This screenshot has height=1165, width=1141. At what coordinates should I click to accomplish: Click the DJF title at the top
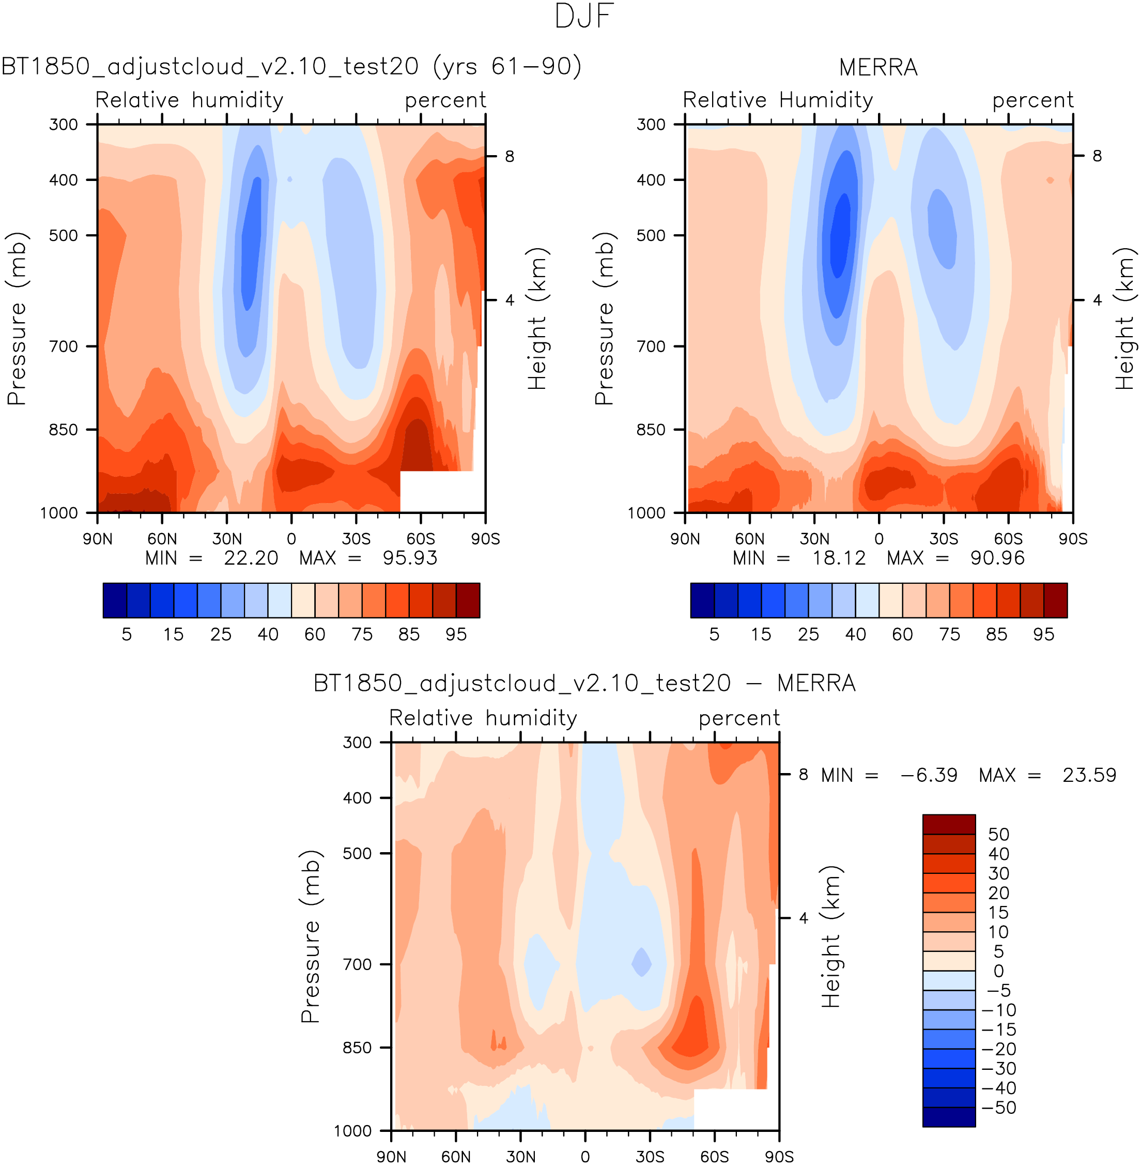click(x=584, y=17)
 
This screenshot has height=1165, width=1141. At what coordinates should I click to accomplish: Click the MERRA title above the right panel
click(x=878, y=67)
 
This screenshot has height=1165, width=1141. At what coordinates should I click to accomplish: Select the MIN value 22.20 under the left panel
click(x=251, y=558)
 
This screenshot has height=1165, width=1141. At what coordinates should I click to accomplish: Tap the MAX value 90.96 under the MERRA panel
click(x=997, y=558)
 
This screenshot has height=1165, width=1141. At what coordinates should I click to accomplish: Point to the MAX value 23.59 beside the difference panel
click(x=1089, y=775)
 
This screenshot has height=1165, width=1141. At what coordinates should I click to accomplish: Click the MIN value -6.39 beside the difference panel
click(x=928, y=775)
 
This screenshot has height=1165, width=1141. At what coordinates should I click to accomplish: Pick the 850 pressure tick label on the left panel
click(x=64, y=430)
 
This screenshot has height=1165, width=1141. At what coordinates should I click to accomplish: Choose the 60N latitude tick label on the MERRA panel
click(x=749, y=538)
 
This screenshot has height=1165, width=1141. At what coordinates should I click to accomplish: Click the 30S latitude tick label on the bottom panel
click(x=650, y=1156)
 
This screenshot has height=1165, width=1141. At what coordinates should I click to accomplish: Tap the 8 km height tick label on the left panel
click(x=510, y=157)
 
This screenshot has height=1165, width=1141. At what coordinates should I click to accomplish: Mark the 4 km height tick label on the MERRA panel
click(x=1097, y=300)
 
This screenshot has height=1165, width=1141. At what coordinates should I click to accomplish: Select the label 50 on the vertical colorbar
click(x=998, y=834)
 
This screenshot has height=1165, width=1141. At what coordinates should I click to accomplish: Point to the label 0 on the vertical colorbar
click(x=998, y=971)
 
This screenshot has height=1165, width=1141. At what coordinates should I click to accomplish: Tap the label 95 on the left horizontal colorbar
click(x=456, y=634)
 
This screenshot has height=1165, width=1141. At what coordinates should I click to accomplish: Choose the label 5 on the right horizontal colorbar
click(x=714, y=634)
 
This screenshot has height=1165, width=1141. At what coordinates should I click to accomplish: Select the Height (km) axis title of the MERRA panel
click(x=1124, y=319)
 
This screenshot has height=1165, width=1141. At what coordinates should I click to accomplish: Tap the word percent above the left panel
click(x=445, y=101)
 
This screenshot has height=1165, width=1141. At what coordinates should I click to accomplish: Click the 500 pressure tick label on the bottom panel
click(x=357, y=853)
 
